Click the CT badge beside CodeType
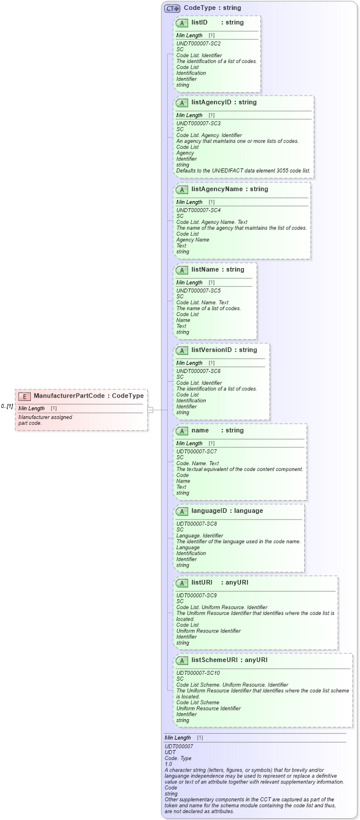click(172, 8)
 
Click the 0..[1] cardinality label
click(7, 406)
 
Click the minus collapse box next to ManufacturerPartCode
click(150, 410)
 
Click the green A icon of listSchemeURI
click(182, 660)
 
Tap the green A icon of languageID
click(182, 511)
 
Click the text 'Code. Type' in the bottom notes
click(178, 758)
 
